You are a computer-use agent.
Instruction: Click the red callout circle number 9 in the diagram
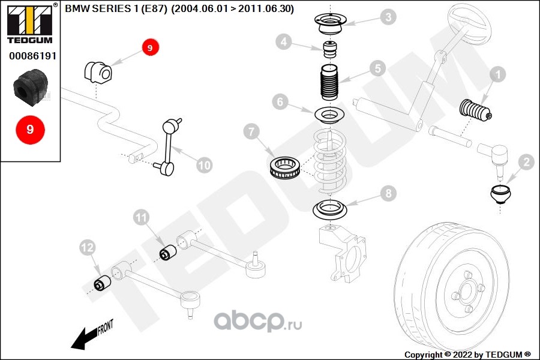(150, 47)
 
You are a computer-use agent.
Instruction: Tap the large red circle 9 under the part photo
(30, 129)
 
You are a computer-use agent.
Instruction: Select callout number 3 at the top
(389, 17)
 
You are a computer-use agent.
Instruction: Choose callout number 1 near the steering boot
(497, 74)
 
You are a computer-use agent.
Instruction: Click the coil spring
(330, 160)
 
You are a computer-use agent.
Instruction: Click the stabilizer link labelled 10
(168, 147)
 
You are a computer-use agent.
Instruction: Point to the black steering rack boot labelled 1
(475, 111)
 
